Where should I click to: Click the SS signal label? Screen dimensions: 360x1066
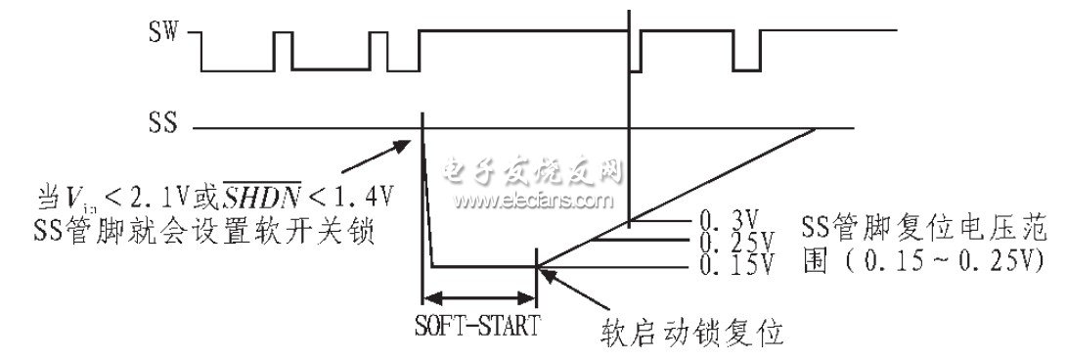(163, 125)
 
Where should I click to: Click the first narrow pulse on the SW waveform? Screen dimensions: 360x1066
(283, 50)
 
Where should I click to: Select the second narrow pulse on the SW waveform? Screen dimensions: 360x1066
(378, 50)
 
